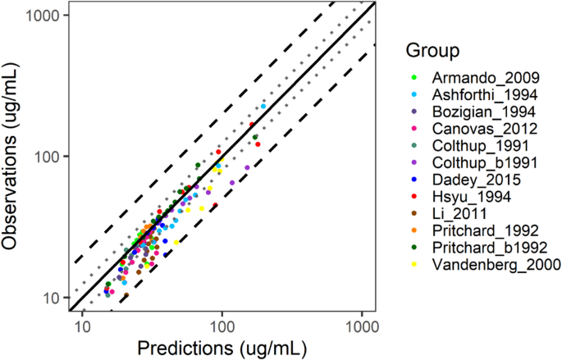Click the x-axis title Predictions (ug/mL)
(x=222, y=348)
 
